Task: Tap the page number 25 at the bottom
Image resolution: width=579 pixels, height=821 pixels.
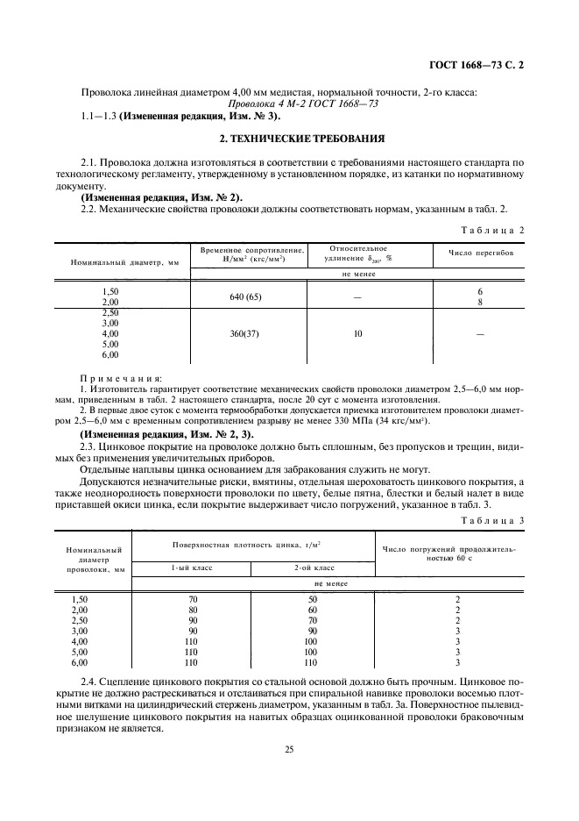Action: click(x=288, y=748)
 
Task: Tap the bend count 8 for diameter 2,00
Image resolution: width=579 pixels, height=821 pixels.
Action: click(x=480, y=301)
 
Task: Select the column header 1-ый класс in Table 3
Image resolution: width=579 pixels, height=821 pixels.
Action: click(x=191, y=568)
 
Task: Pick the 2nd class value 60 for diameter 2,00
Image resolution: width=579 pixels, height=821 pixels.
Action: click(x=313, y=609)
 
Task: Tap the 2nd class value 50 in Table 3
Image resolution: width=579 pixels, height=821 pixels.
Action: click(x=313, y=598)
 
